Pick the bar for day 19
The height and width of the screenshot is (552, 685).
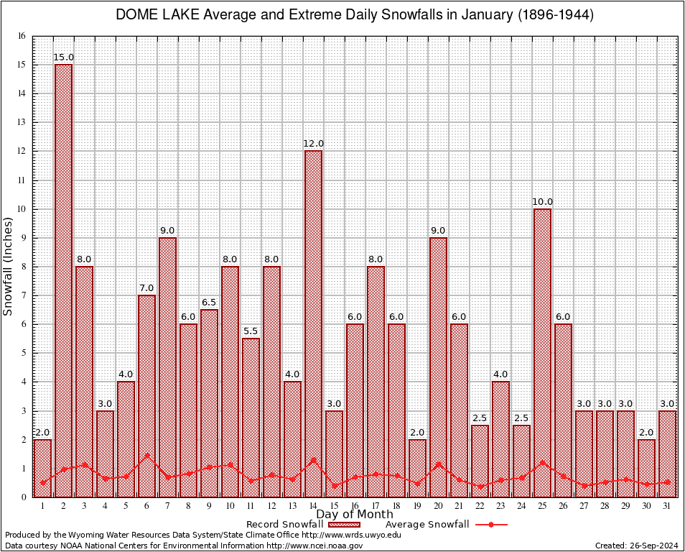click(417, 467)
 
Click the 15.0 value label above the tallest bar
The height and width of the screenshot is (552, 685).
click(63, 57)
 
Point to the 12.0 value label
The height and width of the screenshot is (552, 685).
click(313, 144)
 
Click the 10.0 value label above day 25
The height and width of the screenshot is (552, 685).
click(542, 202)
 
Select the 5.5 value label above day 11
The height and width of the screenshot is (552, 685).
click(251, 331)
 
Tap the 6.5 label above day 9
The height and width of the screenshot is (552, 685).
click(209, 303)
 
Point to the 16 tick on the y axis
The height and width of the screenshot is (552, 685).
click(22, 36)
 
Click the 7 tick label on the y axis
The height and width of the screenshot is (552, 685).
click(22, 295)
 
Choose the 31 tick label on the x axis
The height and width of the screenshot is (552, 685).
click(667, 505)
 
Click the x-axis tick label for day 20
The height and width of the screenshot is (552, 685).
click(438, 505)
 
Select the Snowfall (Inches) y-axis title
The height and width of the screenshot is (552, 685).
click(9, 266)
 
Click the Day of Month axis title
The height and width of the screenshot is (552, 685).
click(355, 515)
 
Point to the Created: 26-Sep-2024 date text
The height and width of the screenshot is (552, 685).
click(636, 546)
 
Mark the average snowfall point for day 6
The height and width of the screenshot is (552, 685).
click(146, 454)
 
